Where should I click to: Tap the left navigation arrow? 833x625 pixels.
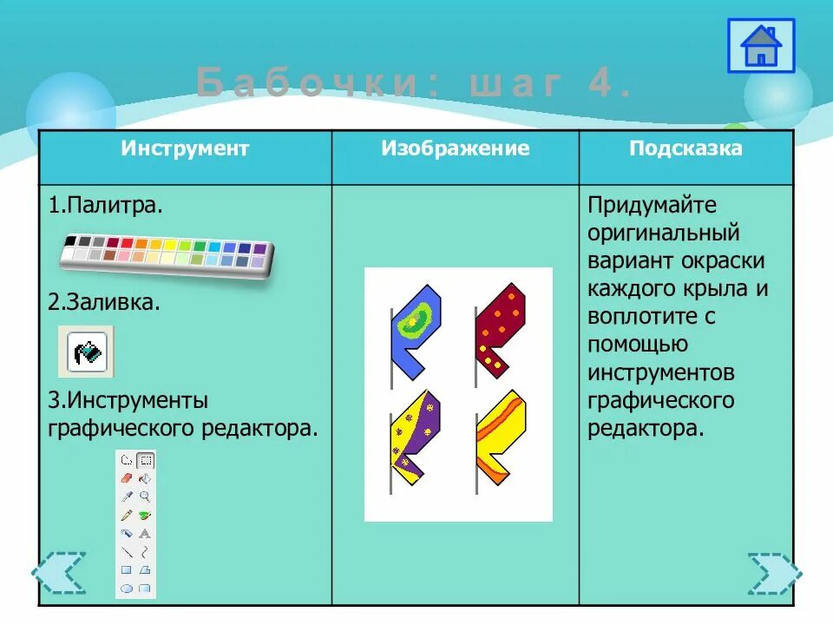pos(59,573)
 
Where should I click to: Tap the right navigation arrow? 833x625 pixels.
pos(774,573)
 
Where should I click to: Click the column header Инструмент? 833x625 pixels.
pos(185,148)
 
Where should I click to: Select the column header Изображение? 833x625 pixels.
pos(455,148)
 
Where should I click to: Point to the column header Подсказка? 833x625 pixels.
pos(685,148)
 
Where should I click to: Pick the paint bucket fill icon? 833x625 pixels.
pos(87,352)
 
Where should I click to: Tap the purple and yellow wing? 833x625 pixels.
pos(416,435)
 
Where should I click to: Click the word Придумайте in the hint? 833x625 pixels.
pos(652,207)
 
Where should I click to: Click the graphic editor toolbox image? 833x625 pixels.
pos(136,523)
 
